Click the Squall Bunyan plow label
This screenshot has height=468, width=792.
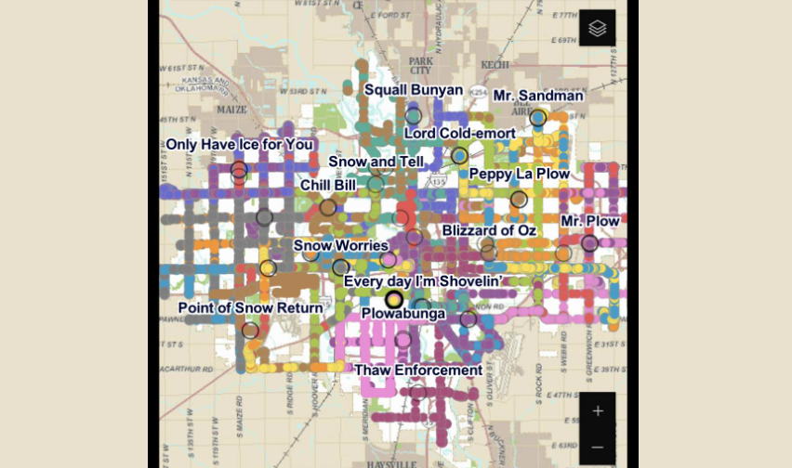414,90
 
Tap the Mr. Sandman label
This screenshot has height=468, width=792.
538,96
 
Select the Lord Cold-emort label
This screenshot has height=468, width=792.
459,134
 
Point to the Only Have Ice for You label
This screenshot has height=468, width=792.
239,145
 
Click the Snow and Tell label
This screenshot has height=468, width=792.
376,162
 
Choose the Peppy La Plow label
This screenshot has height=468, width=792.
519,174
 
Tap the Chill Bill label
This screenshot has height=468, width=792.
328,185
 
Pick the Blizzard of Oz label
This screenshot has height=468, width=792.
489,230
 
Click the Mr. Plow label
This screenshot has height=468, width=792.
589,221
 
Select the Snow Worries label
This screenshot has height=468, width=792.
340,246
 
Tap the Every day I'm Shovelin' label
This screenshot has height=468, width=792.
423,280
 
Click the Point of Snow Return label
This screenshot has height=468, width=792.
250,307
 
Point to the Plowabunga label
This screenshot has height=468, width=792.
403,314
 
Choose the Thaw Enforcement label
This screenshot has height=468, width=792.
418,370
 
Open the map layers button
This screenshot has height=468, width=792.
598,28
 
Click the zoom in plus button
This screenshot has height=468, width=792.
598,410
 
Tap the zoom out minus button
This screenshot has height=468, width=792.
598,447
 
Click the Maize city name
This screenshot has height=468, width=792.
231,110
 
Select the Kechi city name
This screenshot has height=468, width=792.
495,65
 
